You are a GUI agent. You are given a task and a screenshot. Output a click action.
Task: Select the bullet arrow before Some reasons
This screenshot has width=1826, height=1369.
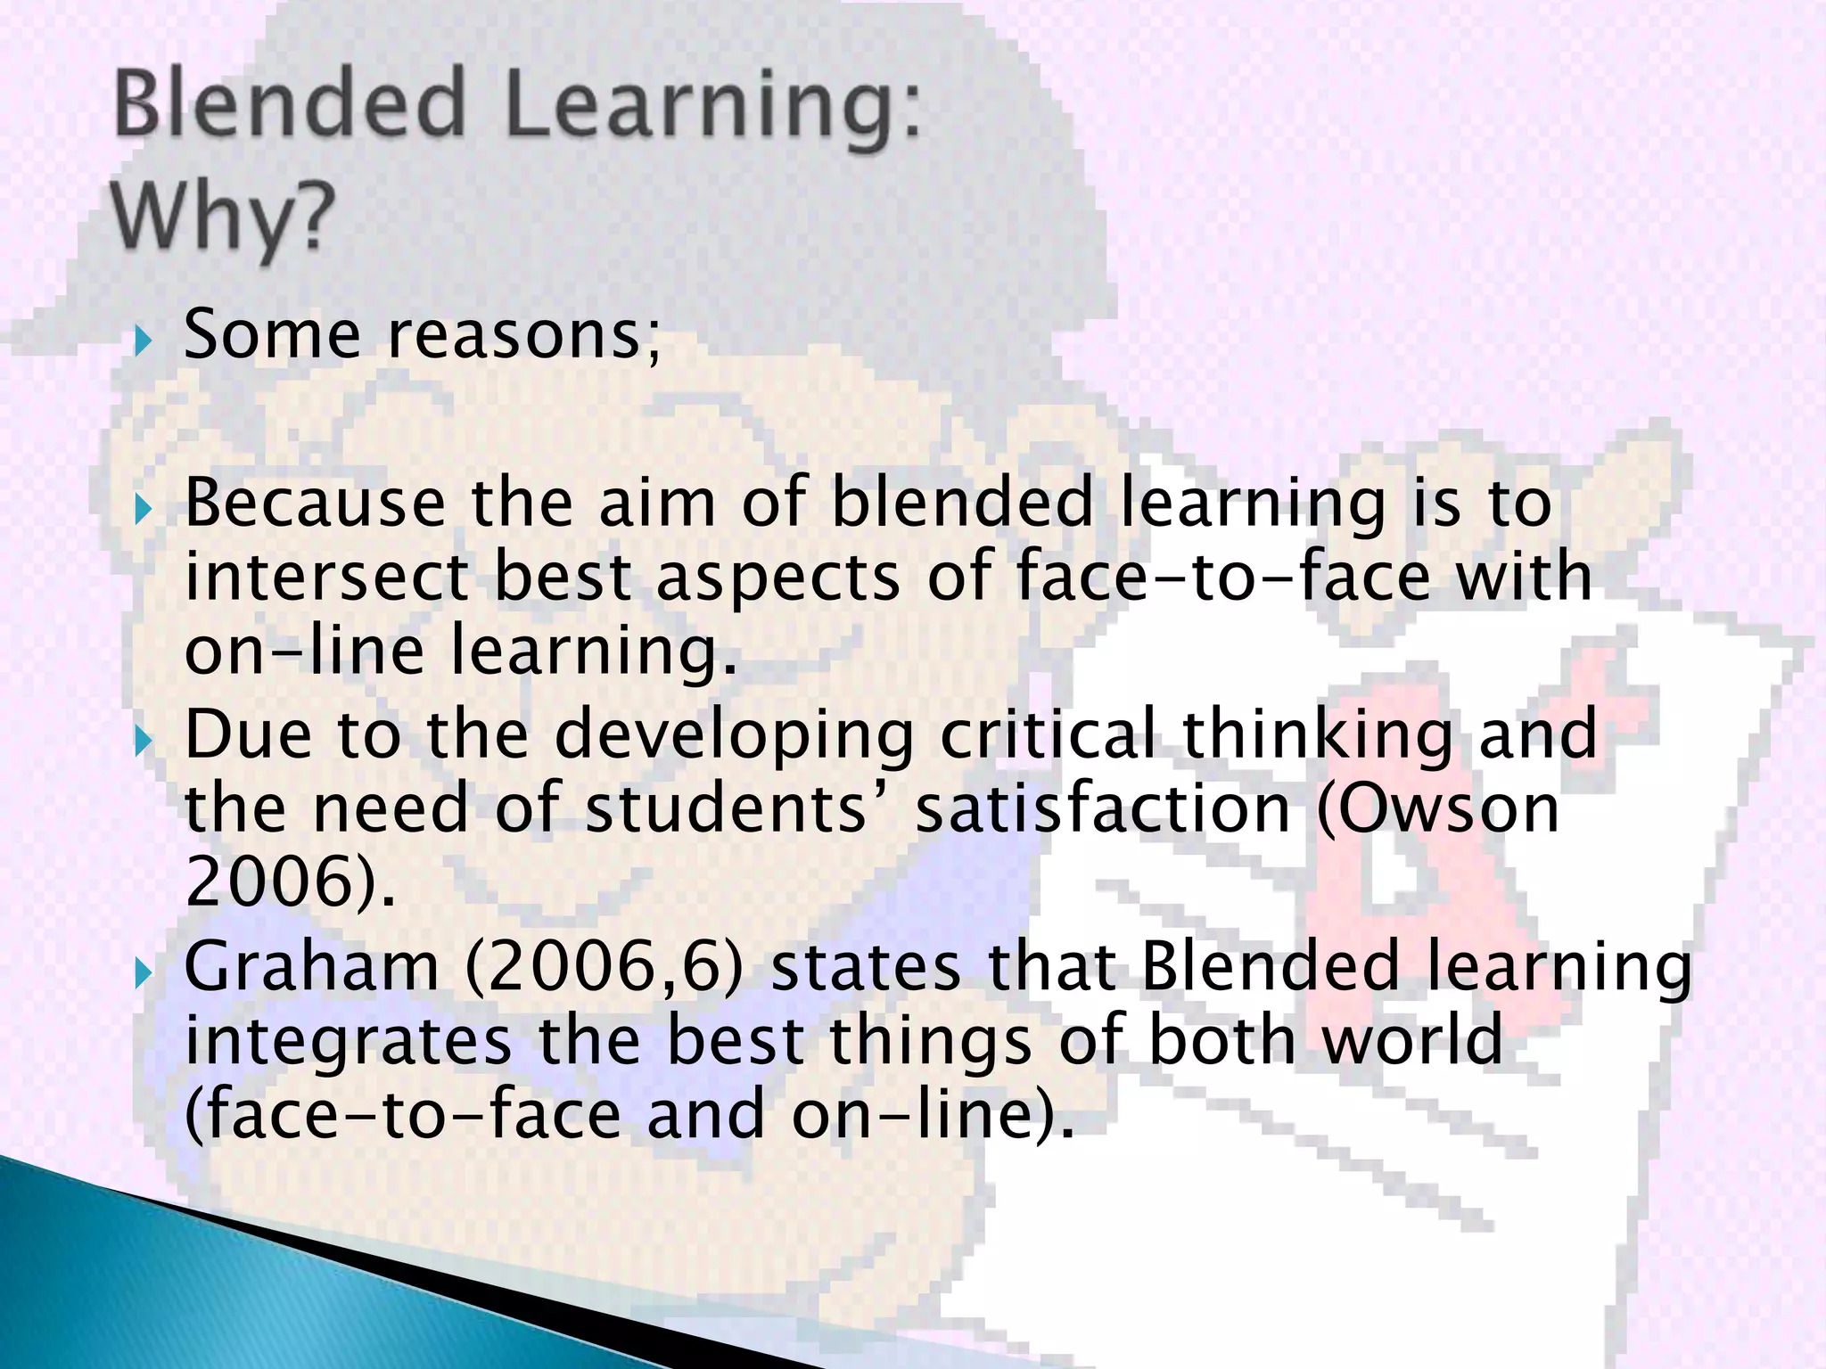pyautogui.click(x=143, y=341)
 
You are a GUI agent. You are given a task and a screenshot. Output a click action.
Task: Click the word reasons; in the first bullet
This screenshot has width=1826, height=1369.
pyautogui.click(x=525, y=336)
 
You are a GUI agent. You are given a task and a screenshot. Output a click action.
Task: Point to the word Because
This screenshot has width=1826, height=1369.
pyautogui.click(x=315, y=504)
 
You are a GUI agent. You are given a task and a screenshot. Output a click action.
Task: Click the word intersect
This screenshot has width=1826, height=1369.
pyautogui.click(x=326, y=578)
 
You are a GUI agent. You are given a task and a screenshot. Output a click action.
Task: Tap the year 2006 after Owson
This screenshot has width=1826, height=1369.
pyautogui.click(x=268, y=882)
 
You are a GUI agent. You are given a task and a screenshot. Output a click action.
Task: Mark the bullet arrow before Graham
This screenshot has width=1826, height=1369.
pyautogui.click(x=143, y=974)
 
